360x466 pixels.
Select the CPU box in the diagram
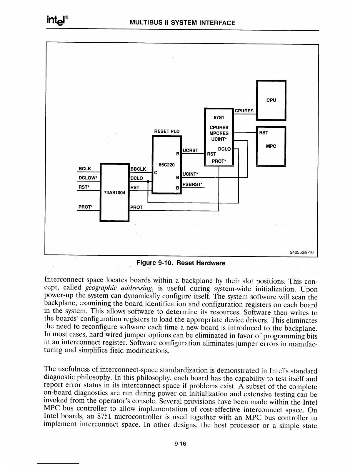coord(271,100)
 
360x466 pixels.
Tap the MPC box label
coord(271,146)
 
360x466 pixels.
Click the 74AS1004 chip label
coord(115,193)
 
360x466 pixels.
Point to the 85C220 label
coord(166,165)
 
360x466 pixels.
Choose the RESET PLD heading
coord(167,131)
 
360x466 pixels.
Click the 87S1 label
coord(219,118)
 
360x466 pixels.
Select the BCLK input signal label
coord(85,169)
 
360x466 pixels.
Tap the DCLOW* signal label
coord(88,178)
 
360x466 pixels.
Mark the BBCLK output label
coord(138,169)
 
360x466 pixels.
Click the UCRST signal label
coord(190,150)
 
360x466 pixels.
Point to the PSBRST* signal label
coord(193,184)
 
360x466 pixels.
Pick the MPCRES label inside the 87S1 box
coord(219,133)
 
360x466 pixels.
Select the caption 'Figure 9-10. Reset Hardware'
coord(181,263)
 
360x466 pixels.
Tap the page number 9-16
coord(180,444)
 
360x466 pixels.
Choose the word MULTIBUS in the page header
coord(146,23)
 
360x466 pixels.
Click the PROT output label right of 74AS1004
coord(136,207)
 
